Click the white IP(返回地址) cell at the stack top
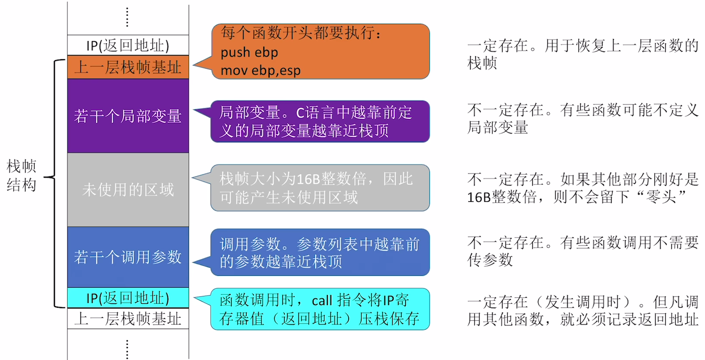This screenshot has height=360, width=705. tap(128, 45)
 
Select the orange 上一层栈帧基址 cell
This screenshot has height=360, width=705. tap(128, 67)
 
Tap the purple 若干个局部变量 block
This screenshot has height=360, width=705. tap(128, 116)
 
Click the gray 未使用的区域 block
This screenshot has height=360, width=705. tap(128, 189)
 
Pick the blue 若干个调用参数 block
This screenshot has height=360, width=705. tap(128, 257)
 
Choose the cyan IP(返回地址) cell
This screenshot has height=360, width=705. tap(128, 298)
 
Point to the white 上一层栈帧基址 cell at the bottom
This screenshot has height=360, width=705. tap(128, 319)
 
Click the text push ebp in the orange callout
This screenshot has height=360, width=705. tap(249, 52)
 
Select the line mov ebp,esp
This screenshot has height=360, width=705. tap(260, 70)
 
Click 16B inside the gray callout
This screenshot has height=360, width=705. tap(308, 179)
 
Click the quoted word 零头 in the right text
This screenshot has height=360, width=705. tap(661, 197)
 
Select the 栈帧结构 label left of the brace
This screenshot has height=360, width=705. tap(22, 175)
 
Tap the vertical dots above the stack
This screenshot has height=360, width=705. tap(127, 17)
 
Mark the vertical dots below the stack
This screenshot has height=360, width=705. tap(127, 348)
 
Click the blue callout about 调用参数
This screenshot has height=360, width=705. tap(320, 252)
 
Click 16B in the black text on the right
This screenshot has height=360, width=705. tap(479, 198)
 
